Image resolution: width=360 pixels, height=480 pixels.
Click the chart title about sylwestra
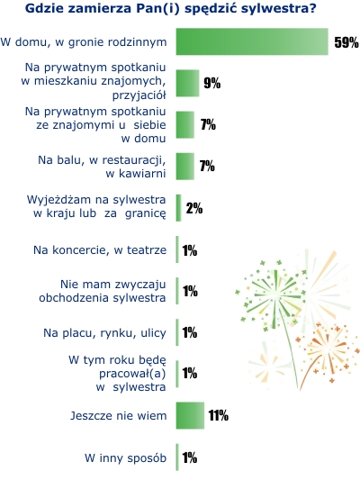click(170, 9)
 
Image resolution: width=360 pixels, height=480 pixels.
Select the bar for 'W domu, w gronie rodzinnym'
click(252, 41)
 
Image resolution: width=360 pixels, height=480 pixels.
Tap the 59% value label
click(346, 42)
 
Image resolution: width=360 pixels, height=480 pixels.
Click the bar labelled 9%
click(187, 83)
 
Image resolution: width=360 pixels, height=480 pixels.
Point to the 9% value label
click(212, 83)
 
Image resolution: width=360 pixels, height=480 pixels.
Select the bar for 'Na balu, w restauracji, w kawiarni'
click(185, 167)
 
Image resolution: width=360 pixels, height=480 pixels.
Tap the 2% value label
click(194, 208)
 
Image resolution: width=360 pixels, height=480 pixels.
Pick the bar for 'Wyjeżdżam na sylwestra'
click(178, 208)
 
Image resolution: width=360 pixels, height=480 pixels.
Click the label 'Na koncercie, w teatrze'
click(100, 250)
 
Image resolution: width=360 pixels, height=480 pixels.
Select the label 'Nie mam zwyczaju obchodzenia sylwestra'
click(103, 291)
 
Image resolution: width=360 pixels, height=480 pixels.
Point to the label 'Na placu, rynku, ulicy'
click(104, 332)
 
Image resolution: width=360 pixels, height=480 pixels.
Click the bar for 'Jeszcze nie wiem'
click(190, 415)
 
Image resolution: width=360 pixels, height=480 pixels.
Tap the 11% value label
click(219, 416)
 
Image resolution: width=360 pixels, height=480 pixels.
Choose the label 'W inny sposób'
click(125, 458)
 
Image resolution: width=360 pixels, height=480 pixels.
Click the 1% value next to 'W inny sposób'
click(190, 458)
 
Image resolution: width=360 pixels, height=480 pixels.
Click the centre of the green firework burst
click(275, 295)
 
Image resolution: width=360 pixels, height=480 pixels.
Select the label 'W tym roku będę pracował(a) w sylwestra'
click(117, 374)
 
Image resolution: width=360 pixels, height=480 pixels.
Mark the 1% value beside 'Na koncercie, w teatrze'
click(190, 250)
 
